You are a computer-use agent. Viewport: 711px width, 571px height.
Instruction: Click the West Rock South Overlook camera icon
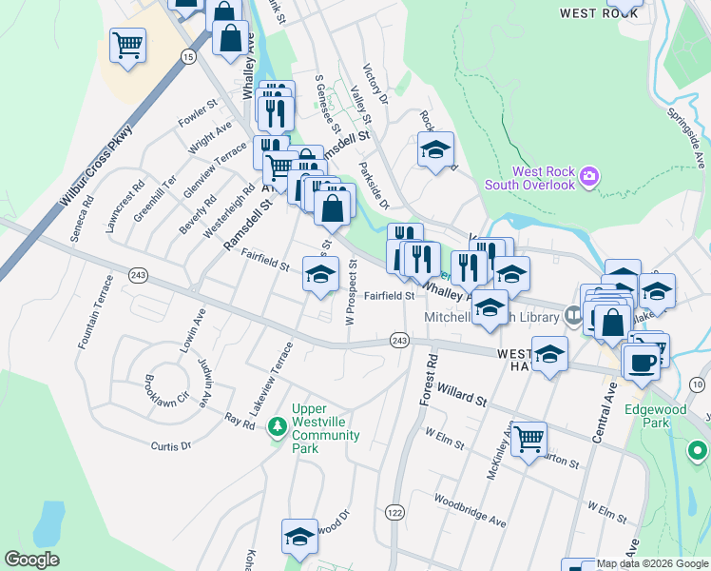point(589,176)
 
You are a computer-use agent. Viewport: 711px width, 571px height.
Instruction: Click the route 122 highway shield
point(394,513)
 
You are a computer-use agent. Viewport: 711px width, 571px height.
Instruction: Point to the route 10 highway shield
point(699,384)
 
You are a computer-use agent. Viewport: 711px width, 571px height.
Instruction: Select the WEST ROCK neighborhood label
point(591,13)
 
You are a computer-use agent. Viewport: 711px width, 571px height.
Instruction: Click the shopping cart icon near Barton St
point(528,439)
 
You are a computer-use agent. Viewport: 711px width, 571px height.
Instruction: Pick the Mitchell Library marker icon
point(573,314)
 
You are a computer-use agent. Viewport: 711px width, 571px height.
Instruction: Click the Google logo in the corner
point(31,560)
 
